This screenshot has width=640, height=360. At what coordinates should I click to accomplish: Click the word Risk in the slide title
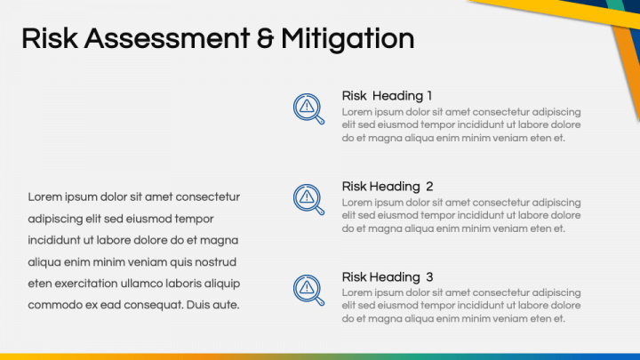pyautogui.click(x=50, y=38)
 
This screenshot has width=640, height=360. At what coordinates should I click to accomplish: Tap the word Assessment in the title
pyautogui.click(x=167, y=38)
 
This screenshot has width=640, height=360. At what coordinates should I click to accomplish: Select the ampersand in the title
pyautogui.click(x=265, y=38)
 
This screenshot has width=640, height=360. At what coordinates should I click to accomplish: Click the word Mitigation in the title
pyautogui.click(x=348, y=39)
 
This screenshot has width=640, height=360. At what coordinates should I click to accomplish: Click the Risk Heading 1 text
pyautogui.click(x=387, y=95)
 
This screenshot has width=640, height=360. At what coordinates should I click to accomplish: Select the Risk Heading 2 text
pyautogui.click(x=388, y=186)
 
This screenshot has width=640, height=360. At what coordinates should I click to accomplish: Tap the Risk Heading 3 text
pyautogui.click(x=388, y=276)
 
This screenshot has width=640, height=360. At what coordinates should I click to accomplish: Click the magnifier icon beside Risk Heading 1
pyautogui.click(x=308, y=108)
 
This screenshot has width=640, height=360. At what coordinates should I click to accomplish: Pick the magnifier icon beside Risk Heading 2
pyautogui.click(x=308, y=199)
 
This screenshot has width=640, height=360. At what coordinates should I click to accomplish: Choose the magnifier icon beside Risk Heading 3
pyautogui.click(x=308, y=290)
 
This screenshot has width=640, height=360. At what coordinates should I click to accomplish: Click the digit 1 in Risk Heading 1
pyautogui.click(x=429, y=95)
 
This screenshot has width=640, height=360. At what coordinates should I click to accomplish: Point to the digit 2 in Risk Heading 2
pyautogui.click(x=429, y=186)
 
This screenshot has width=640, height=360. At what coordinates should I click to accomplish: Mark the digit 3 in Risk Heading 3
pyautogui.click(x=429, y=276)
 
